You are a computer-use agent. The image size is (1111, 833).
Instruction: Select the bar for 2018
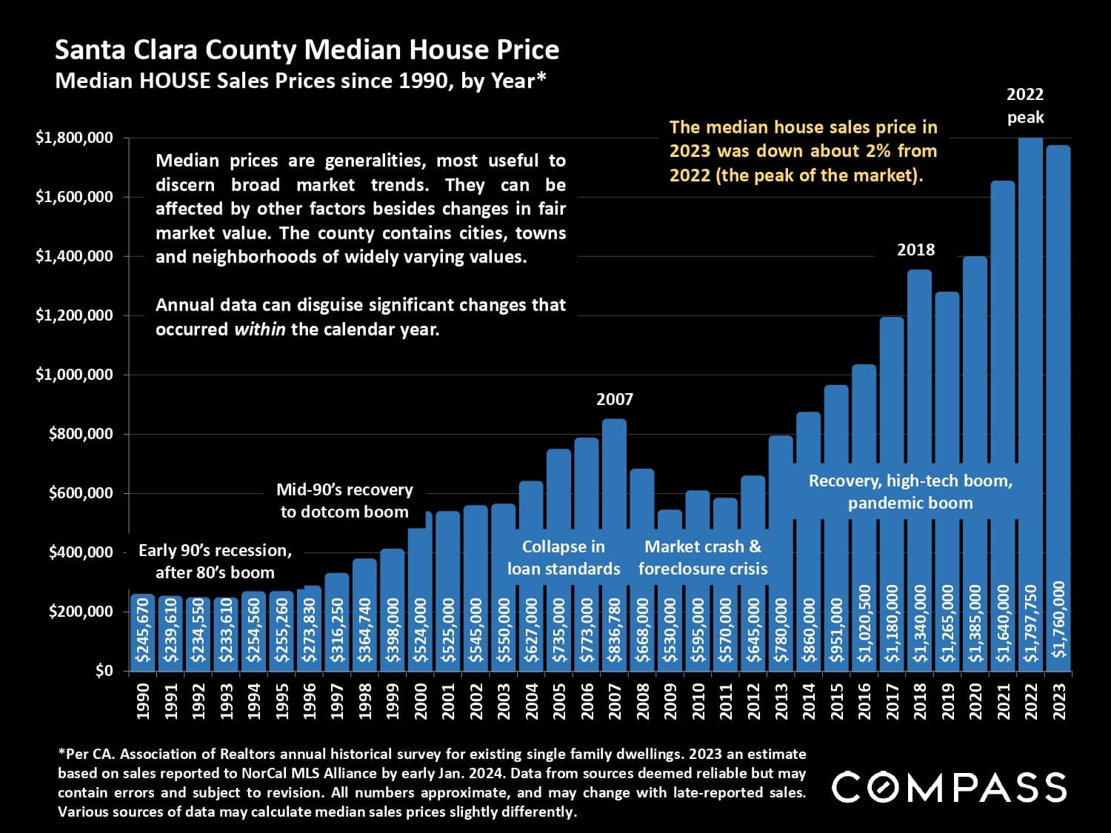[x=919, y=444]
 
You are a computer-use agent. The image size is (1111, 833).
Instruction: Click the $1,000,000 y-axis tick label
[x=74, y=375]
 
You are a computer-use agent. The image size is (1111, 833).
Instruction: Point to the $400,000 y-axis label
[x=81, y=552]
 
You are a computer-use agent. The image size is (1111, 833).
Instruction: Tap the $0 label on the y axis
[x=104, y=671]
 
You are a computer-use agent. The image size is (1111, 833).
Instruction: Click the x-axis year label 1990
[x=143, y=700]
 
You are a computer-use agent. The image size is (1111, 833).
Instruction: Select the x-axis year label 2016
[x=864, y=700]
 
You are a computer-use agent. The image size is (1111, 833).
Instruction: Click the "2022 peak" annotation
[x=1025, y=106]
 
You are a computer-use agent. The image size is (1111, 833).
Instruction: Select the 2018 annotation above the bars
[x=916, y=250]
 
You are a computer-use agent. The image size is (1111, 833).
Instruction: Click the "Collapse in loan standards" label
[x=564, y=558]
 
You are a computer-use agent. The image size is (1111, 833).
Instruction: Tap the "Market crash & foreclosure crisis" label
[x=703, y=558]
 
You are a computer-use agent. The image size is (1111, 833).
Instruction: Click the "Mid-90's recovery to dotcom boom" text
[x=344, y=501]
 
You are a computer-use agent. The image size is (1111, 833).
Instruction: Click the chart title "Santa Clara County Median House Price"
[x=307, y=50]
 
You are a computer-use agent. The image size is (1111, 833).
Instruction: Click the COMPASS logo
[x=949, y=787]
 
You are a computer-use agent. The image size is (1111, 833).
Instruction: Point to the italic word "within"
[x=259, y=329]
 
